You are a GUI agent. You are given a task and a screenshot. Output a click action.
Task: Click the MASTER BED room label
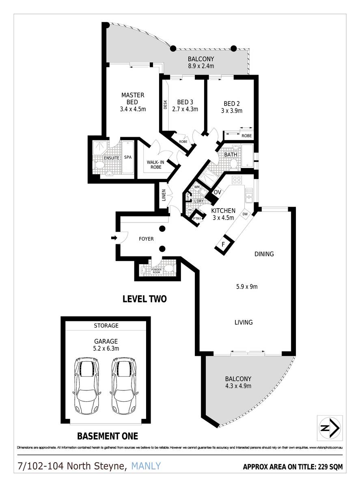pyautogui.click(x=133, y=99)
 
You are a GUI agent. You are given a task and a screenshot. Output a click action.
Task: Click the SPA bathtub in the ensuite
pyautogui.click(x=128, y=157)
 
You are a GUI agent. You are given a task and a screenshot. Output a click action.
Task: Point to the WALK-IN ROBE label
pyautogui.click(x=155, y=164)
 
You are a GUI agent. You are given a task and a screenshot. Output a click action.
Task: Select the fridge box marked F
pyautogui.click(x=223, y=245)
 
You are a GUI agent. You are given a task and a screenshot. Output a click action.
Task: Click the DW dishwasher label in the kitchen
pyautogui.click(x=245, y=214)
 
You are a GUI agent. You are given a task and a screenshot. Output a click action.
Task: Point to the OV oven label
pyautogui.click(x=217, y=192)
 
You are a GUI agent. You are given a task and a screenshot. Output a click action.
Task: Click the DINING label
pyautogui.click(x=264, y=254)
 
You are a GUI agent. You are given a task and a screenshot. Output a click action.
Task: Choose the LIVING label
pyautogui.click(x=244, y=322)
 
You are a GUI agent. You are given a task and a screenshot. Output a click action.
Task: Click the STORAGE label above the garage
pyautogui.click(x=106, y=325)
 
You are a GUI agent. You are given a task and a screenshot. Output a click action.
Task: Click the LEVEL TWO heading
pyautogui.click(x=144, y=299)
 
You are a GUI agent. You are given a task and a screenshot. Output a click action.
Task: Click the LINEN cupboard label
pyautogui.click(x=163, y=195)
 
